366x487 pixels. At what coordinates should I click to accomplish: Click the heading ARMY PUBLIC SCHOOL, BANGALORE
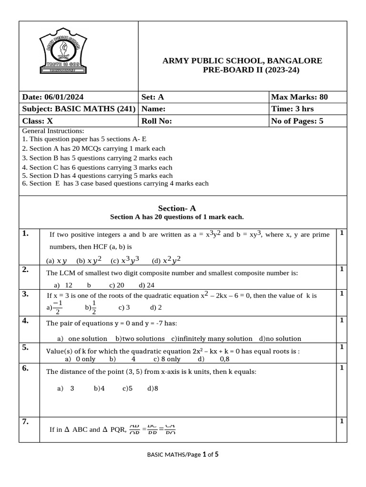[242, 61]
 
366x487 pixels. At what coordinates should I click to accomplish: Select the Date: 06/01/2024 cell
[53, 97]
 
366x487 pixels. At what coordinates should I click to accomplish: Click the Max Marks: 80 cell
[299, 97]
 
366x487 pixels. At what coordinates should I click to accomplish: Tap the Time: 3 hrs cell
[292, 109]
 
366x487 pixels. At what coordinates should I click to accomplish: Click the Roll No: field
[156, 121]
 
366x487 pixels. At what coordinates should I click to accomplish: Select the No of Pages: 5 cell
[297, 121]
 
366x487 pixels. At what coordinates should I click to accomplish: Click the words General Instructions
[53, 131]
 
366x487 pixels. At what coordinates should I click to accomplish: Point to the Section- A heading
[177, 208]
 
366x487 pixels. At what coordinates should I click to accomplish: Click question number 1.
[26, 233]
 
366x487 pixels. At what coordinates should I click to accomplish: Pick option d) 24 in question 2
[147, 285]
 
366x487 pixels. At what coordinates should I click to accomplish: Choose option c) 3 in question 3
[124, 307]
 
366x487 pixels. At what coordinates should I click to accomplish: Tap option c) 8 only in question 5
[167, 359]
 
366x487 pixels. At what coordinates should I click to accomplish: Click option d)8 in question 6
[152, 388]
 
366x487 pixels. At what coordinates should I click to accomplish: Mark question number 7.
[26, 421]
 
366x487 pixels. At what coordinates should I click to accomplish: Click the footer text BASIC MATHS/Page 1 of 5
[183, 455]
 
